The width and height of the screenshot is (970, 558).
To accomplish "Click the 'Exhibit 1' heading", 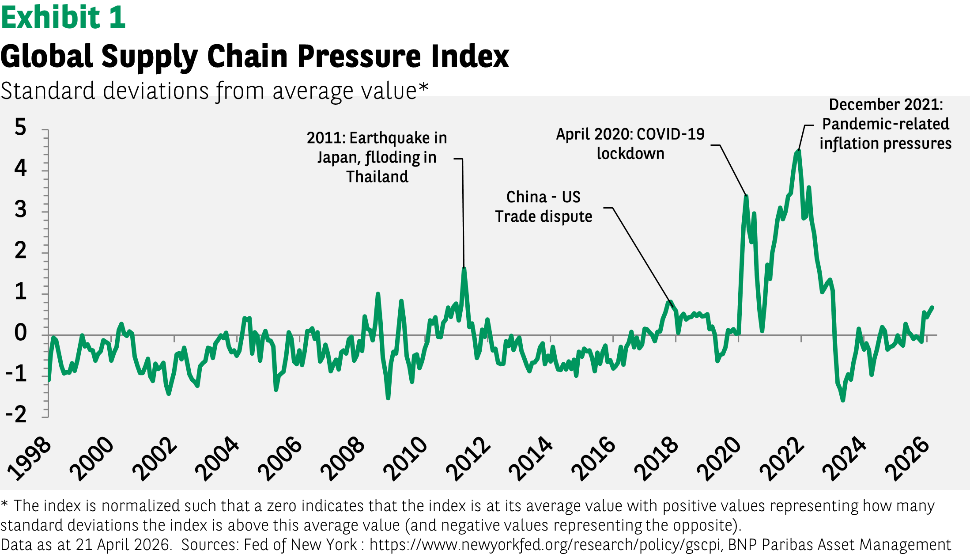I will [x=63, y=18].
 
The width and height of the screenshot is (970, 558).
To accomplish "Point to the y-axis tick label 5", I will [x=20, y=127].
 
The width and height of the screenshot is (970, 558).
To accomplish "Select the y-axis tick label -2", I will [x=17, y=415].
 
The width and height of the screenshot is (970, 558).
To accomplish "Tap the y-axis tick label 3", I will [x=20, y=209].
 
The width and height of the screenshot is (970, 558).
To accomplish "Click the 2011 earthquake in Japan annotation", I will [x=377, y=157].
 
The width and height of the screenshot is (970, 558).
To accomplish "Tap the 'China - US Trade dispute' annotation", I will [x=544, y=207].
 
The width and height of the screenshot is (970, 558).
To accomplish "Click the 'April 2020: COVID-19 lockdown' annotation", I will [x=630, y=144].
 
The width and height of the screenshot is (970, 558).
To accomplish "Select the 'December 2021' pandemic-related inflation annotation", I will [x=885, y=124].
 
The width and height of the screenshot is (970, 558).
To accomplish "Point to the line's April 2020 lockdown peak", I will [x=746, y=197].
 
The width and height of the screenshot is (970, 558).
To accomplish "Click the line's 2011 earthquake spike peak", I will [x=464, y=269].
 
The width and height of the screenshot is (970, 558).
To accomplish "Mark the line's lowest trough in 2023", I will [x=843, y=400].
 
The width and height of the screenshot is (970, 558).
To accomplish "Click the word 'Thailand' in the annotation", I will [x=377, y=177].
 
